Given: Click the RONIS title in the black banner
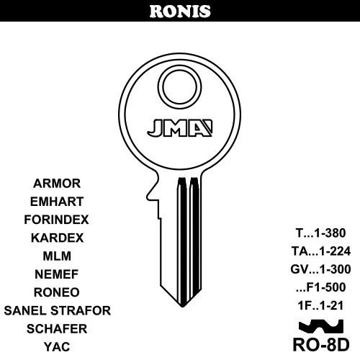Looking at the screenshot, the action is point(180,12).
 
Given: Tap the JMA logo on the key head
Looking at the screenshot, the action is point(180,127).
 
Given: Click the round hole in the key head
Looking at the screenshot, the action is point(180,86).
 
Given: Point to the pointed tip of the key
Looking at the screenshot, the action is point(183,306).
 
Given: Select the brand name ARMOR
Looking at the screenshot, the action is point(57,184).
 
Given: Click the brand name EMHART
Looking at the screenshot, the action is point(57,202).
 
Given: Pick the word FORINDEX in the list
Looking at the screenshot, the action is point(56,220).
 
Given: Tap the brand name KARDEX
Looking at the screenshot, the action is point(57,238).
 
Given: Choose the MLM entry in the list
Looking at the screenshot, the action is point(57,256).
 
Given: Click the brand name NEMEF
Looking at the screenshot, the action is point(57,274).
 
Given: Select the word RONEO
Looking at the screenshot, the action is point(57,292).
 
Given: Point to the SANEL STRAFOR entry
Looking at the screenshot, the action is point(58,310).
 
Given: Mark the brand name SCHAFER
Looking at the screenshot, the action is point(57,329).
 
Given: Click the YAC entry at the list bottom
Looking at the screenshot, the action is point(57,347).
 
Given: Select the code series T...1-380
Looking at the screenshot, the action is point(320,233).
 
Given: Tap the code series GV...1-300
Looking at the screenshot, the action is point(320,269).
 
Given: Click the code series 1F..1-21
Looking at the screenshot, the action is point(320,305).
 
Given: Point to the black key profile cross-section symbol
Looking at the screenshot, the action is point(321,327).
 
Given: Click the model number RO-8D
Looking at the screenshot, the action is point(321,345).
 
